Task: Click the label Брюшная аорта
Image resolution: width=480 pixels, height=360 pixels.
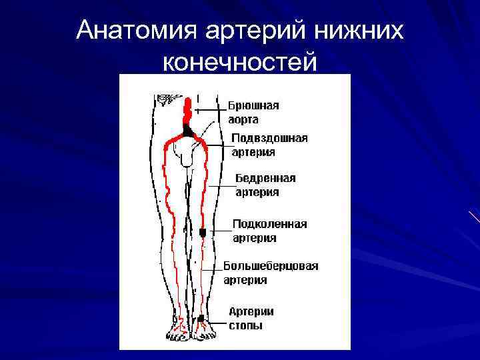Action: pyautogui.click(x=253, y=113)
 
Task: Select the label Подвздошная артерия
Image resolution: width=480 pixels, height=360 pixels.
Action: pyautogui.click(x=269, y=145)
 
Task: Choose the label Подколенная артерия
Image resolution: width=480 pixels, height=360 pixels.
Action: pyautogui.click(x=269, y=231)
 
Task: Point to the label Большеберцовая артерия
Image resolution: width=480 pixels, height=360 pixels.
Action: pyautogui.click(x=270, y=273)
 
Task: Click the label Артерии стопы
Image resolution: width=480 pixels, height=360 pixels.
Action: pyautogui.click(x=251, y=318)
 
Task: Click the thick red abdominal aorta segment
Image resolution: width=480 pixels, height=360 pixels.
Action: pyautogui.click(x=188, y=111)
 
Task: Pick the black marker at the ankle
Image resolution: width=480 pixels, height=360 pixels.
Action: pyautogui.click(x=201, y=317)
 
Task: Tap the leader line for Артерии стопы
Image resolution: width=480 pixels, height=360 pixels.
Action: pyautogui.click(x=215, y=317)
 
